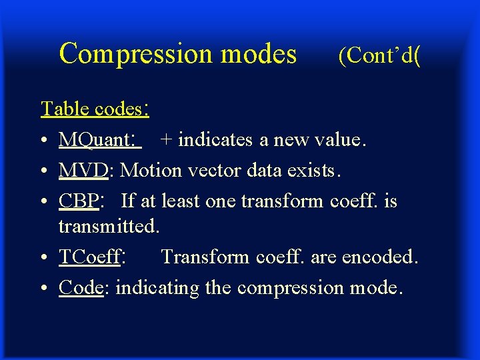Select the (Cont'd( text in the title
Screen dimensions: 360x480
379,56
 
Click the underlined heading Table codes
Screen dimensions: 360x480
94,108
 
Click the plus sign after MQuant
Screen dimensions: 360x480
165,140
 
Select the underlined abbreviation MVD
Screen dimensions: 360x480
83,171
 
